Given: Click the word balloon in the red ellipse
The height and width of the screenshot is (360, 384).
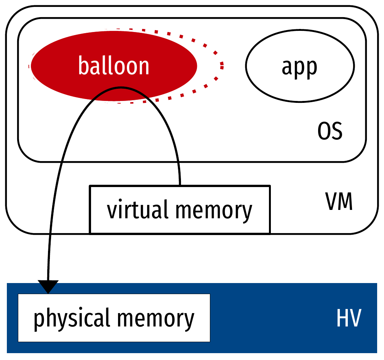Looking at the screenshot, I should (x=114, y=66).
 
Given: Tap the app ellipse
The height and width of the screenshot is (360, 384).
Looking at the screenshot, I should (x=299, y=66).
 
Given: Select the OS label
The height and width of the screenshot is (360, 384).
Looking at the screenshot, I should (x=330, y=132).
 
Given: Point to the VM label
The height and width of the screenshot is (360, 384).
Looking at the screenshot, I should (x=339, y=202).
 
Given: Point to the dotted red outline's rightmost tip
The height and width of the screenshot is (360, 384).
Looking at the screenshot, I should (x=222, y=66).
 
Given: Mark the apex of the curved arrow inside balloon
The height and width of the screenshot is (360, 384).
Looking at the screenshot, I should (x=121, y=88).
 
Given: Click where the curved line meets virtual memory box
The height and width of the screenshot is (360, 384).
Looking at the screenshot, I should (x=180, y=185).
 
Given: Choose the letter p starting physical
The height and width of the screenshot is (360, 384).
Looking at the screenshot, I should (x=38, y=320).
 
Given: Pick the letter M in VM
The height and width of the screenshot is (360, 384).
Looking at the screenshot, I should (x=345, y=202).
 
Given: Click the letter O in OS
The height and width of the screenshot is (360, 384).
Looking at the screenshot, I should (x=324, y=132).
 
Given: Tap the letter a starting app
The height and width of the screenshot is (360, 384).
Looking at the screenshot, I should (x=287, y=67).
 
